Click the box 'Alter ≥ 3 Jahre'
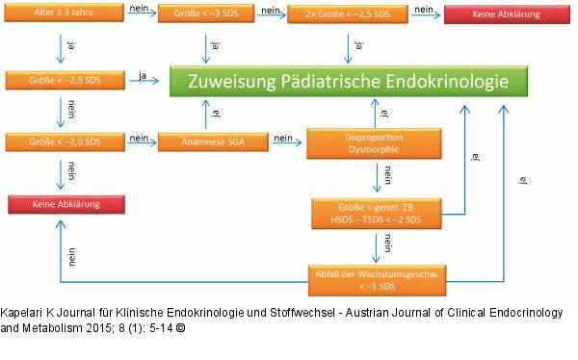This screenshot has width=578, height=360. tap(66, 15)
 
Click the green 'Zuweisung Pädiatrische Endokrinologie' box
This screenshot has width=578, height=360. tap(341, 82)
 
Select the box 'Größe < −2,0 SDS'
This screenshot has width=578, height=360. tap(66, 143)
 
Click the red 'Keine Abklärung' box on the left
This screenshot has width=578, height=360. tap(66, 205)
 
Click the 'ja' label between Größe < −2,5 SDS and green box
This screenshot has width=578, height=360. tap(143, 76)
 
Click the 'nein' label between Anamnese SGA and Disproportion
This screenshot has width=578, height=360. tap(282, 138)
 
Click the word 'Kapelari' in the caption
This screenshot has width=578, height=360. tap(22, 314)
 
